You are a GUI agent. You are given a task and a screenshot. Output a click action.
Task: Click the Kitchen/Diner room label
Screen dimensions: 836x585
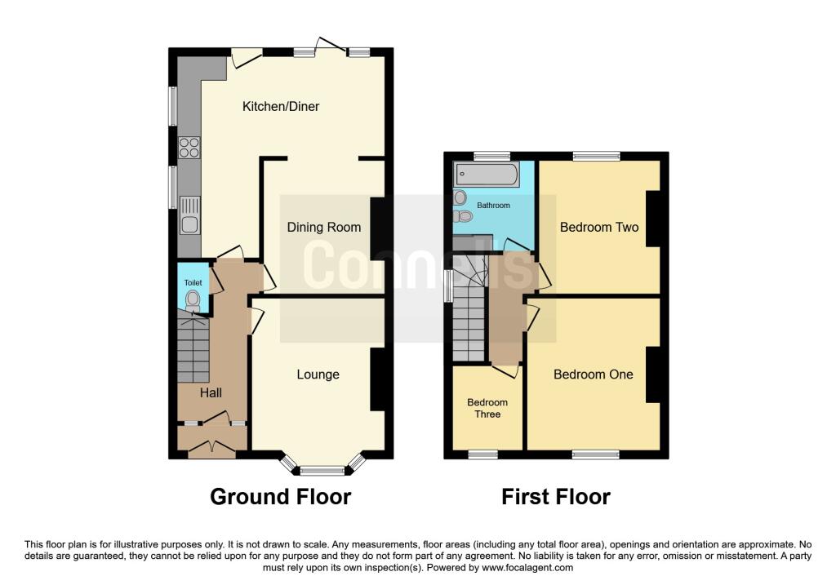click(x=281, y=107)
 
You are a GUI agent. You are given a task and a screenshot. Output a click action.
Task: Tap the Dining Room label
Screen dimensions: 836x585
click(x=323, y=228)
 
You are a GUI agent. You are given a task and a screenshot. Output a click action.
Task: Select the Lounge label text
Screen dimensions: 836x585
click(x=318, y=374)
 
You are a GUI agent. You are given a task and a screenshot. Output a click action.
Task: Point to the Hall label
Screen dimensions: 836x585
click(x=211, y=393)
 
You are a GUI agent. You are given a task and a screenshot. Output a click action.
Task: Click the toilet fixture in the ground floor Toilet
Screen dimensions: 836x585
click(x=193, y=300)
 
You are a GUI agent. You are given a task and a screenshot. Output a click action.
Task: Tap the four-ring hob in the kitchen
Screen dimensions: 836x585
click(x=189, y=148)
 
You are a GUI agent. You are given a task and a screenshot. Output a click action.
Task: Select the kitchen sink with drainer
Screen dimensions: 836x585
click(x=189, y=215)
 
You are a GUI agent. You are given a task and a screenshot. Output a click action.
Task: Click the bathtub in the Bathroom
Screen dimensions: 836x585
click(x=487, y=175)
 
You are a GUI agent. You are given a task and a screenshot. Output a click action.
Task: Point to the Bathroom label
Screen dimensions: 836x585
click(x=493, y=205)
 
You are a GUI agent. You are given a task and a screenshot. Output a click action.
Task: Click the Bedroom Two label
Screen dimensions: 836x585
click(x=599, y=228)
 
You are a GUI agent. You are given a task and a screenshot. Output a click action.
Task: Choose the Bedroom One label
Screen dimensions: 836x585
click(x=594, y=374)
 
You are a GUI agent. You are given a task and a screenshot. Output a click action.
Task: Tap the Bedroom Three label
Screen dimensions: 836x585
click(x=487, y=408)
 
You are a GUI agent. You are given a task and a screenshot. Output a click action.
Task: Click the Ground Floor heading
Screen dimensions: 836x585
click(x=281, y=497)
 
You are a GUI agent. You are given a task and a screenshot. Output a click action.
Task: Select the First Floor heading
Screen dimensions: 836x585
click(x=555, y=497)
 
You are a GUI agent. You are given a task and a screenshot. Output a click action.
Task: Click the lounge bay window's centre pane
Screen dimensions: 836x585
click(x=322, y=471)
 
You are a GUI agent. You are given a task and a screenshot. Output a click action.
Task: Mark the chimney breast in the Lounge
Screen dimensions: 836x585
click(x=378, y=379)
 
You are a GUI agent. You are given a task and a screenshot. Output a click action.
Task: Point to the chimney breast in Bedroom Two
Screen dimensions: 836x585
click(x=654, y=219)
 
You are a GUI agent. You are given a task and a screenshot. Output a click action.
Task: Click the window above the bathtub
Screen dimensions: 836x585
click(x=492, y=156)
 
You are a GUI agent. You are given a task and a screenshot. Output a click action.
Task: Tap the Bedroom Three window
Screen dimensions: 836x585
click(x=483, y=455)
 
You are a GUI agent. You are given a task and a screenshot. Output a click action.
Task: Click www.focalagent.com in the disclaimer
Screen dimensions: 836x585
click(x=527, y=568)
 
